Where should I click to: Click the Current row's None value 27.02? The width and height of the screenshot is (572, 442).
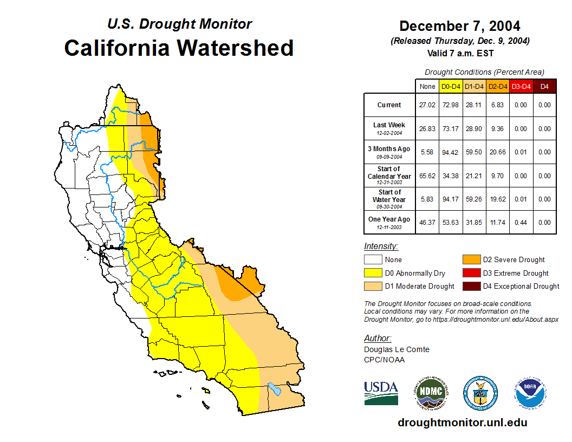click(427, 105)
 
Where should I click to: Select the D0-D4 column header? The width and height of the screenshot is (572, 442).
click(451, 86)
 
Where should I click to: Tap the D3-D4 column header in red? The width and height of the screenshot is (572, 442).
click(521, 86)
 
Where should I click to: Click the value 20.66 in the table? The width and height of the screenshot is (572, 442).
click(497, 152)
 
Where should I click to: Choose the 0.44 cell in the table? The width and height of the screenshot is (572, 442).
click(521, 223)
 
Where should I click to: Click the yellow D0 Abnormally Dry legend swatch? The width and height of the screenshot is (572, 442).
click(372, 273)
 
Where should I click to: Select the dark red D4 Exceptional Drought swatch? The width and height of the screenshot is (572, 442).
click(471, 286)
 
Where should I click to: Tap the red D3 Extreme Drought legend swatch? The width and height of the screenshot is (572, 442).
click(471, 273)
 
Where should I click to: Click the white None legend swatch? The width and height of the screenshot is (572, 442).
click(372, 259)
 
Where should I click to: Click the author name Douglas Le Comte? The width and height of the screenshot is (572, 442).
click(396, 349)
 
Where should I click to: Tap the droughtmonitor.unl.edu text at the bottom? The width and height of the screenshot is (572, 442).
click(462, 422)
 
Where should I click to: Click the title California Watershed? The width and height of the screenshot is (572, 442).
click(179, 48)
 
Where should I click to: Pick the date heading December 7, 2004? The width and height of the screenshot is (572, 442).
click(460, 26)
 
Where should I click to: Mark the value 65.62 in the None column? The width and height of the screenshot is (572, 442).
click(427, 175)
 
